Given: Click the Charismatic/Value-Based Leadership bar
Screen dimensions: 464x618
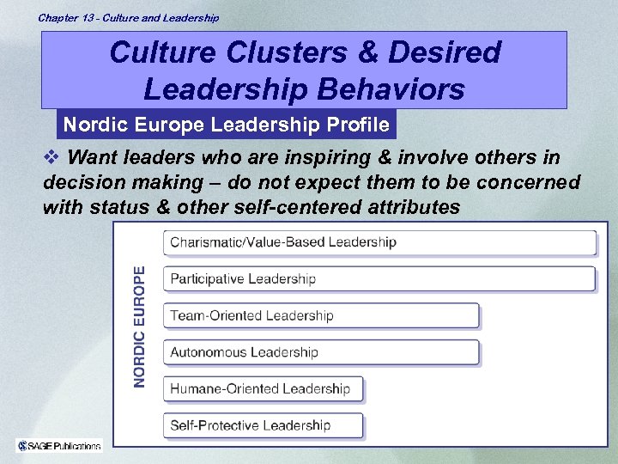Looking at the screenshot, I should (x=379, y=242).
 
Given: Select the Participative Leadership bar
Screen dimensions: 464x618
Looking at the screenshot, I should (x=379, y=279).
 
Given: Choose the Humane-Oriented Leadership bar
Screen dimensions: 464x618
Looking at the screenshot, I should (x=263, y=388).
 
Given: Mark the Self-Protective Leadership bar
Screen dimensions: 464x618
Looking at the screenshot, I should (x=263, y=425).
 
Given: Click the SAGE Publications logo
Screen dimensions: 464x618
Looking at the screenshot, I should (x=59, y=444).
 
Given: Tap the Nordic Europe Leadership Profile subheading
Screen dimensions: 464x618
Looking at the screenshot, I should (x=227, y=125).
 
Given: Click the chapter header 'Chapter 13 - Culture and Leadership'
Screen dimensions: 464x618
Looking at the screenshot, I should (x=128, y=17).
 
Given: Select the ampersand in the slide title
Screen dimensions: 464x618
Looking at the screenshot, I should (x=366, y=52).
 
